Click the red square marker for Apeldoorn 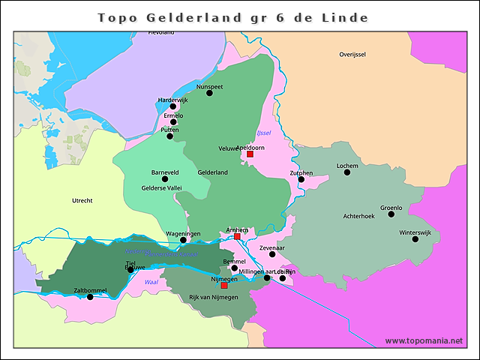[250, 154]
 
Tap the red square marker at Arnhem [237, 236]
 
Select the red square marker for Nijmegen [224, 285]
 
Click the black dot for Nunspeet [209, 94]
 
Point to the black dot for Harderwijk [173, 106]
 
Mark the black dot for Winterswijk [415, 238]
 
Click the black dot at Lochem [347, 172]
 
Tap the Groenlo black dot [391, 214]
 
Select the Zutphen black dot [301, 180]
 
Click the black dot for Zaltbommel [90, 297]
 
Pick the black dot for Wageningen [183, 240]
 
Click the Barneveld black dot [165, 178]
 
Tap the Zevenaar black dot [272, 254]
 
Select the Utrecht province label [82, 200]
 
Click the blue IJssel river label [263, 133]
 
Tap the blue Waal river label [151, 282]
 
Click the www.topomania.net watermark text [424, 340]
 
